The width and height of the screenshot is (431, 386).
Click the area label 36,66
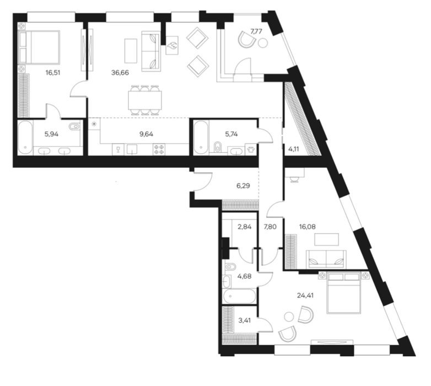coord(120,73)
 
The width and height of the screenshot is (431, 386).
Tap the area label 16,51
coord(53,73)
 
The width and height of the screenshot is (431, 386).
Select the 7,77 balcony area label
coord(256,31)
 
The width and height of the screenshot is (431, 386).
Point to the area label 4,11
coord(294,149)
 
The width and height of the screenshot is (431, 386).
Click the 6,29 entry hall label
coord(243,186)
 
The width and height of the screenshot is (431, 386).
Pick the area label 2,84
coord(244,227)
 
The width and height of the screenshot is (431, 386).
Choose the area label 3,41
coord(244,320)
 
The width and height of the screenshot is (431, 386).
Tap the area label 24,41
coord(305,296)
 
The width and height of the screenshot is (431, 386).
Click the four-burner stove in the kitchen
coord(159,149)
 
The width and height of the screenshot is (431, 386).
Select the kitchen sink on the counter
coord(132,149)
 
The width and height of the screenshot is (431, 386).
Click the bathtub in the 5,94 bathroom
coord(25,137)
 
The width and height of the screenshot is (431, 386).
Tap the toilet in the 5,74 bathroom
coord(217,147)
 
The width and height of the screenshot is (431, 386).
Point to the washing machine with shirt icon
coord(251,149)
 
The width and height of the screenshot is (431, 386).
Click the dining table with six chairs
coord(145,100)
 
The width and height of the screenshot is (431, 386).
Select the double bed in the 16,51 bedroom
coord(39,47)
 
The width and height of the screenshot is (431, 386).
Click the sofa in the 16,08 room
coord(326,259)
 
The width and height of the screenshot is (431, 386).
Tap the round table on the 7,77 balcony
coord(263,43)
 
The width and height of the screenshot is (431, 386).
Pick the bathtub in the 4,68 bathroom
coord(239,296)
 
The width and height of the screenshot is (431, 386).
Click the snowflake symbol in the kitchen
coord(94,124)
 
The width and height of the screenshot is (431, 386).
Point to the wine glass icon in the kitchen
coord(118,149)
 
